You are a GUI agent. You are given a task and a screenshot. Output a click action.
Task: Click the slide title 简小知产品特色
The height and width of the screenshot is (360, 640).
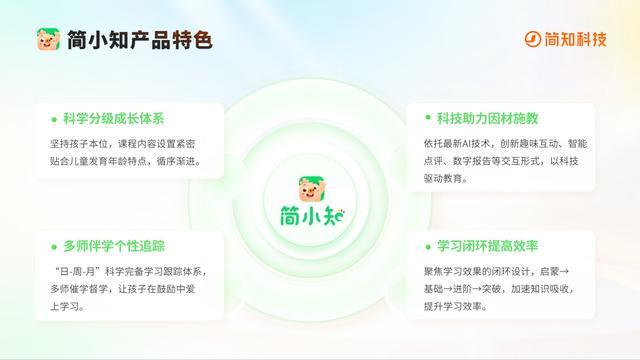139,41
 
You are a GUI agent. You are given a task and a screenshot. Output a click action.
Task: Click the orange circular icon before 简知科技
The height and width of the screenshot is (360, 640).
533,40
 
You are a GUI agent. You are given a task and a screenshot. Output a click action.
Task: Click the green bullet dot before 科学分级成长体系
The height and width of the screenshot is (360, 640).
52,117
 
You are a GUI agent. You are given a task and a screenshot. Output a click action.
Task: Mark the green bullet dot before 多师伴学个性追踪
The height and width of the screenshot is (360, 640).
52,246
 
